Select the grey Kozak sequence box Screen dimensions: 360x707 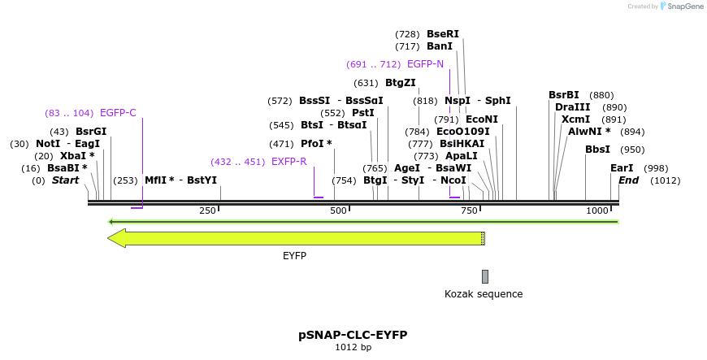[485, 276]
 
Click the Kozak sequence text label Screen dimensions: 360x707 [484, 294]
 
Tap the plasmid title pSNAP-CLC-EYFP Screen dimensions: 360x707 [353, 335]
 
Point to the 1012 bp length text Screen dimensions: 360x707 [353, 347]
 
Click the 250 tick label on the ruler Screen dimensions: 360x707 [206, 211]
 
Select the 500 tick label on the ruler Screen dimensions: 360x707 [338, 211]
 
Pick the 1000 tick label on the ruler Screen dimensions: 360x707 [597, 211]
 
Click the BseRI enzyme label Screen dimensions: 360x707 [443, 34]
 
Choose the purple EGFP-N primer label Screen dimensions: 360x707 [425, 64]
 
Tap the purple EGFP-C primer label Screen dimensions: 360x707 [118, 113]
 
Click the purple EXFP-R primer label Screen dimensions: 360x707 [288, 162]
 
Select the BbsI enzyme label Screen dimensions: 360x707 [597, 150]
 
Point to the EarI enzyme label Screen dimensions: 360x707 [622, 168]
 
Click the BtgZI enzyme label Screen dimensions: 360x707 [400, 83]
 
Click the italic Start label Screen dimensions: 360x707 [65, 180]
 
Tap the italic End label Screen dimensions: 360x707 [628, 180]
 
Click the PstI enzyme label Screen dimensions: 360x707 [362, 113]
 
